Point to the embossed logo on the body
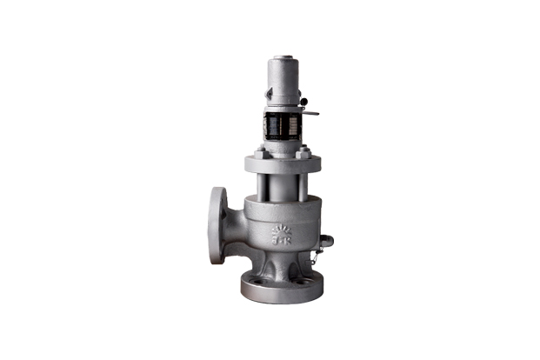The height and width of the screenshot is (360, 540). [x=283, y=233]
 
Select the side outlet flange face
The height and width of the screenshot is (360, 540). [x=217, y=224]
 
